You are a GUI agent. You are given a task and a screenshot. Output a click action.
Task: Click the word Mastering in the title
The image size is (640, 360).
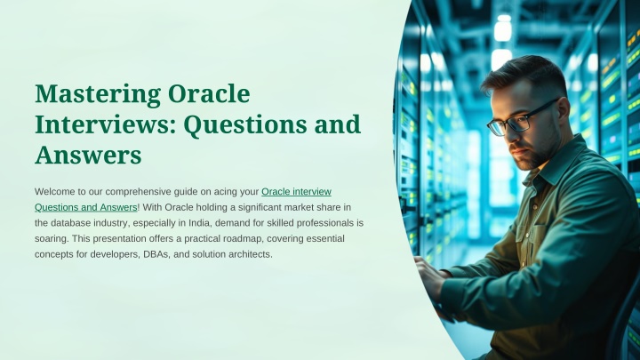[x=98, y=94]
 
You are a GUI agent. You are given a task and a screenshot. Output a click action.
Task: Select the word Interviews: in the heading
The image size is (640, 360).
[x=106, y=124]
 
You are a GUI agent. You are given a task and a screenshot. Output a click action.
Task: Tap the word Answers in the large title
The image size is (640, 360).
[x=88, y=155]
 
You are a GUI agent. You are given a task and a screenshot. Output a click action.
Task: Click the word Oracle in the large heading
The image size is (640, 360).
[x=209, y=93]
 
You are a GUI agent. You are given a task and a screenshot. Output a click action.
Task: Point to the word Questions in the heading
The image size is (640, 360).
[x=245, y=125]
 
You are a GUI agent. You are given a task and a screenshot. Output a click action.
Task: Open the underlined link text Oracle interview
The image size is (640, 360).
[x=296, y=191]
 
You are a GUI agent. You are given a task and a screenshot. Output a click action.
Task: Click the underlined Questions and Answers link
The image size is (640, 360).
[x=86, y=207]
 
